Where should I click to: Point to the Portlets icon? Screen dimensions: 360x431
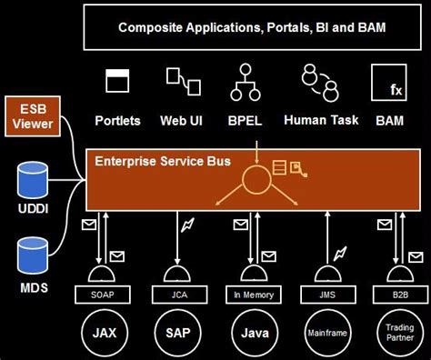coord(116,82)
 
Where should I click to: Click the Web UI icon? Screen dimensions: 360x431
coord(181,81)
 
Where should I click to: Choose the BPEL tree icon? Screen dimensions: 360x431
coord(245,81)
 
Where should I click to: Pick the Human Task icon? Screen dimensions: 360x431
coord(320,81)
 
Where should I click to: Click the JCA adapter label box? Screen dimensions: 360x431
coord(179,294)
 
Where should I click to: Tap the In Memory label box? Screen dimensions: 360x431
coord(247,294)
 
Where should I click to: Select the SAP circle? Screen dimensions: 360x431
coord(179,332)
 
